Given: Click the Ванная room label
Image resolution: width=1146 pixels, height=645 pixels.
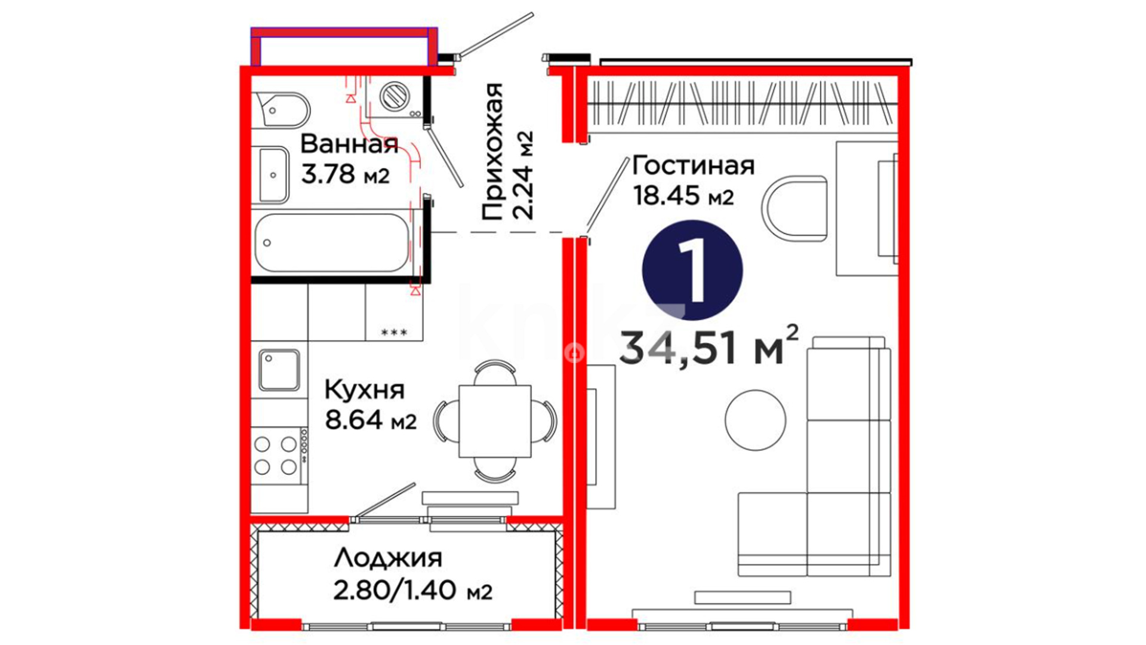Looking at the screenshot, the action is tap(349, 145).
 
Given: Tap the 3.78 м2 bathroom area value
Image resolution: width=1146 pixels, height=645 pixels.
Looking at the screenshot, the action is tap(345, 175).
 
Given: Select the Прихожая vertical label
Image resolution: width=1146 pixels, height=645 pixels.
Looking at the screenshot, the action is tap(492, 152).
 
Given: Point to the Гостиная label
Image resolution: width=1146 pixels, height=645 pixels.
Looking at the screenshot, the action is tap(694, 165).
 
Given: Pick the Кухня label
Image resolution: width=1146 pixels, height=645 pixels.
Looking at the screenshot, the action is tap(365, 390).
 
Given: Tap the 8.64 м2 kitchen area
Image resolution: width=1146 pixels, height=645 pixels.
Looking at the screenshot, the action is tap(371, 420).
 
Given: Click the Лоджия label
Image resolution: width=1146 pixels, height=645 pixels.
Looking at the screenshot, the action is tap(388, 558).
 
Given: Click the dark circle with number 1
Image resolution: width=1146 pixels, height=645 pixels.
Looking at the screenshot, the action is tap(692, 270).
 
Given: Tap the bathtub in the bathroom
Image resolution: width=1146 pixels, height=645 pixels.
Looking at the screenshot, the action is tap(332, 242).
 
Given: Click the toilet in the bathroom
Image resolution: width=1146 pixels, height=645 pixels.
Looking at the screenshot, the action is tap(281, 110).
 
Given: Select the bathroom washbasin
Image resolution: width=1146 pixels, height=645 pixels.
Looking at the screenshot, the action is tap(273, 175).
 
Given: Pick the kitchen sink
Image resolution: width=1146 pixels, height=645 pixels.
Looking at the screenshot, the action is tap(279, 370).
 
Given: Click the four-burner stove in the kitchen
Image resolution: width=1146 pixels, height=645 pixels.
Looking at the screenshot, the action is tap(279, 456).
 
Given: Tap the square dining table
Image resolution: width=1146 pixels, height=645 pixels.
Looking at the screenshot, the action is tap(495, 421).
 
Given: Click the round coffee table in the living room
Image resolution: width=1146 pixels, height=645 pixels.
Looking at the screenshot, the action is tap(755, 420).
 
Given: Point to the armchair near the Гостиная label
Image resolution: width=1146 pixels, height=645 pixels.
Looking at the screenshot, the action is tap(794, 208).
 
